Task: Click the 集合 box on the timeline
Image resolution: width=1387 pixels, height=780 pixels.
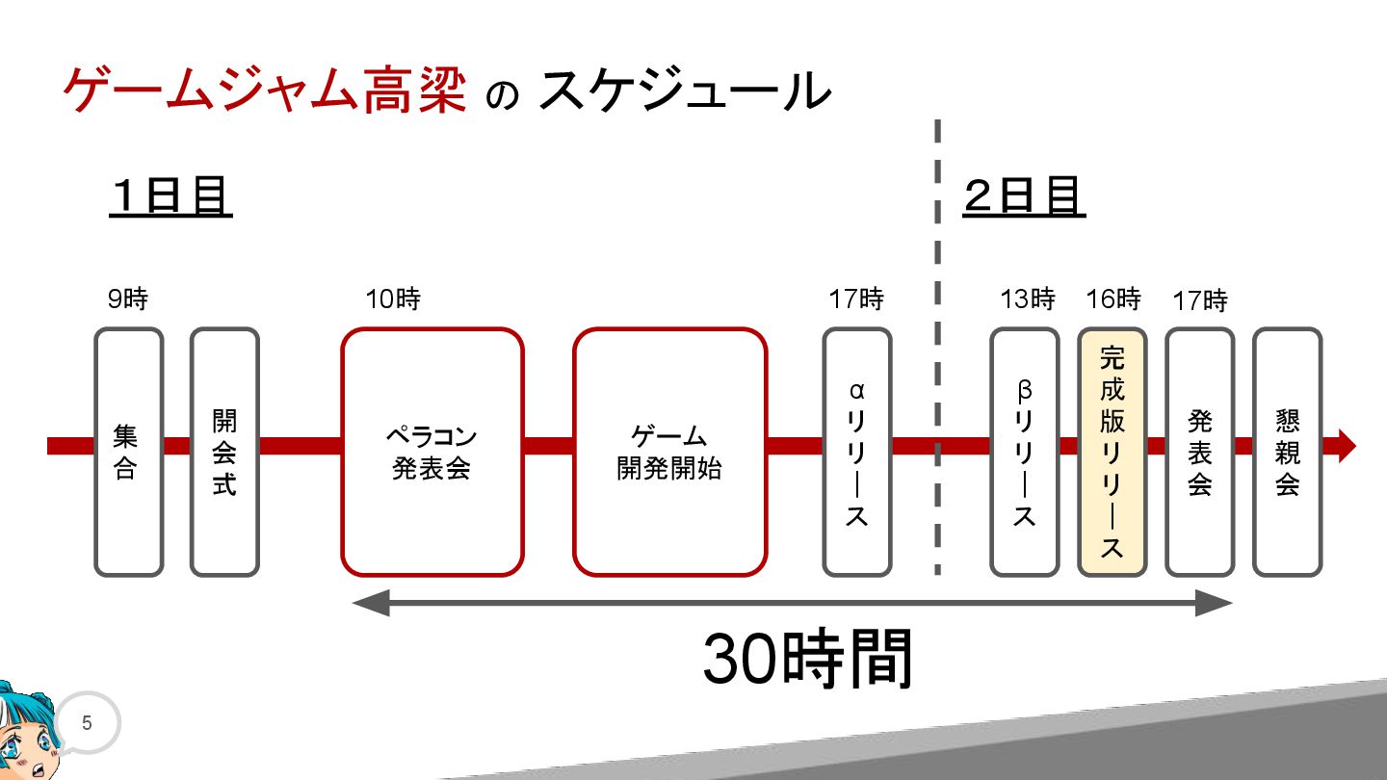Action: (128, 452)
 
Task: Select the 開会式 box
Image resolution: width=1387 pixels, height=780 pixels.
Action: (224, 452)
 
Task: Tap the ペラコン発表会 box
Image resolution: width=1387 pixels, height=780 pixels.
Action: (432, 452)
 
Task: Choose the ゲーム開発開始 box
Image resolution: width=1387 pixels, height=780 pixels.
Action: (669, 452)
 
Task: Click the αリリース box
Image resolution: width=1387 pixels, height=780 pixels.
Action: (856, 452)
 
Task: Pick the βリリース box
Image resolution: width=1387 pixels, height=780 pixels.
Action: (1024, 452)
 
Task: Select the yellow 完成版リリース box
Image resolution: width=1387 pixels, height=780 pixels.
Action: (1112, 452)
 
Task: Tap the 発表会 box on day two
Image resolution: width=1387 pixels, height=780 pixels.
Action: (1199, 452)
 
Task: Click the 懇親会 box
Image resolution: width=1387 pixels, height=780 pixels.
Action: (1287, 452)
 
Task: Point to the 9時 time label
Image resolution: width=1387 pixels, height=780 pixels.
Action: (127, 299)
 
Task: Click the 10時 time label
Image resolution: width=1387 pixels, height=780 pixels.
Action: (393, 299)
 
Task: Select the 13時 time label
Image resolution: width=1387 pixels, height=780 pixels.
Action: (1028, 299)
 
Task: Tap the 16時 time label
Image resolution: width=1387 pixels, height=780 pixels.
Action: (1113, 299)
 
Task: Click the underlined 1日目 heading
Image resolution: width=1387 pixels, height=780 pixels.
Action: (170, 197)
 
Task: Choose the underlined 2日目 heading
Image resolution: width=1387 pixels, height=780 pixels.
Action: (1023, 197)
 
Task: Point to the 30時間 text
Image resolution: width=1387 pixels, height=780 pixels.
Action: (807, 661)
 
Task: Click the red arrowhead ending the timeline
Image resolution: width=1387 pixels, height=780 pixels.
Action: (1347, 446)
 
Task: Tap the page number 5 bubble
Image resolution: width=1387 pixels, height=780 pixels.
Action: (87, 723)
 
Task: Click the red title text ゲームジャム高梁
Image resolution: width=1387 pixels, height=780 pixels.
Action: (265, 91)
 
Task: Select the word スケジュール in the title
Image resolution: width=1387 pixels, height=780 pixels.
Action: (684, 91)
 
